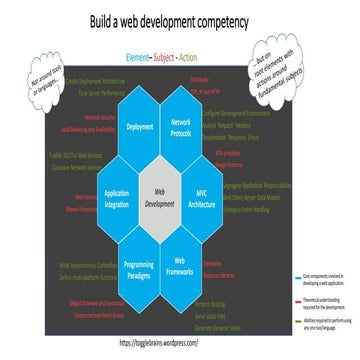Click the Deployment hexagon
coord(141,128)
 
